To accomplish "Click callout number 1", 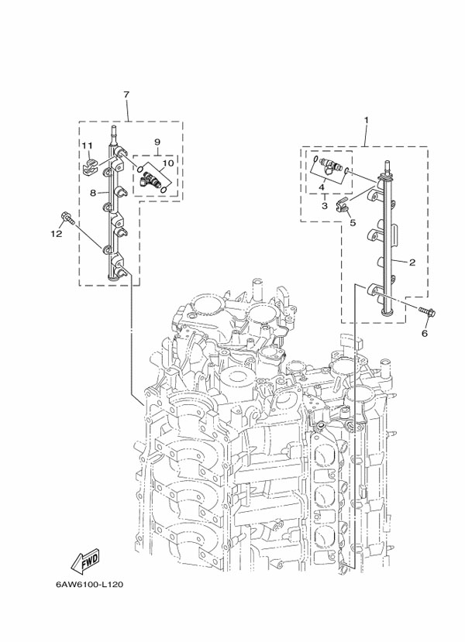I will pos(366,120).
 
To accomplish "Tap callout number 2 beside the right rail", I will pos(413,263).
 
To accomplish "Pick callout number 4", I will pos(321,187).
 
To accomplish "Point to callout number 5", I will pos(353,222).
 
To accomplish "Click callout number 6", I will pos(424,334).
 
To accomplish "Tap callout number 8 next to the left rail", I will pos(92,193).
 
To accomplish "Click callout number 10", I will pos(167,163).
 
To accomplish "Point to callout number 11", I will pos(88,146).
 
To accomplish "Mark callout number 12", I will pos(56,232).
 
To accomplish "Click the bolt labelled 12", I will pos(67,218).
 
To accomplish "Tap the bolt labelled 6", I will pos(428,313).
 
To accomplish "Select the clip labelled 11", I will pos(89,165).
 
